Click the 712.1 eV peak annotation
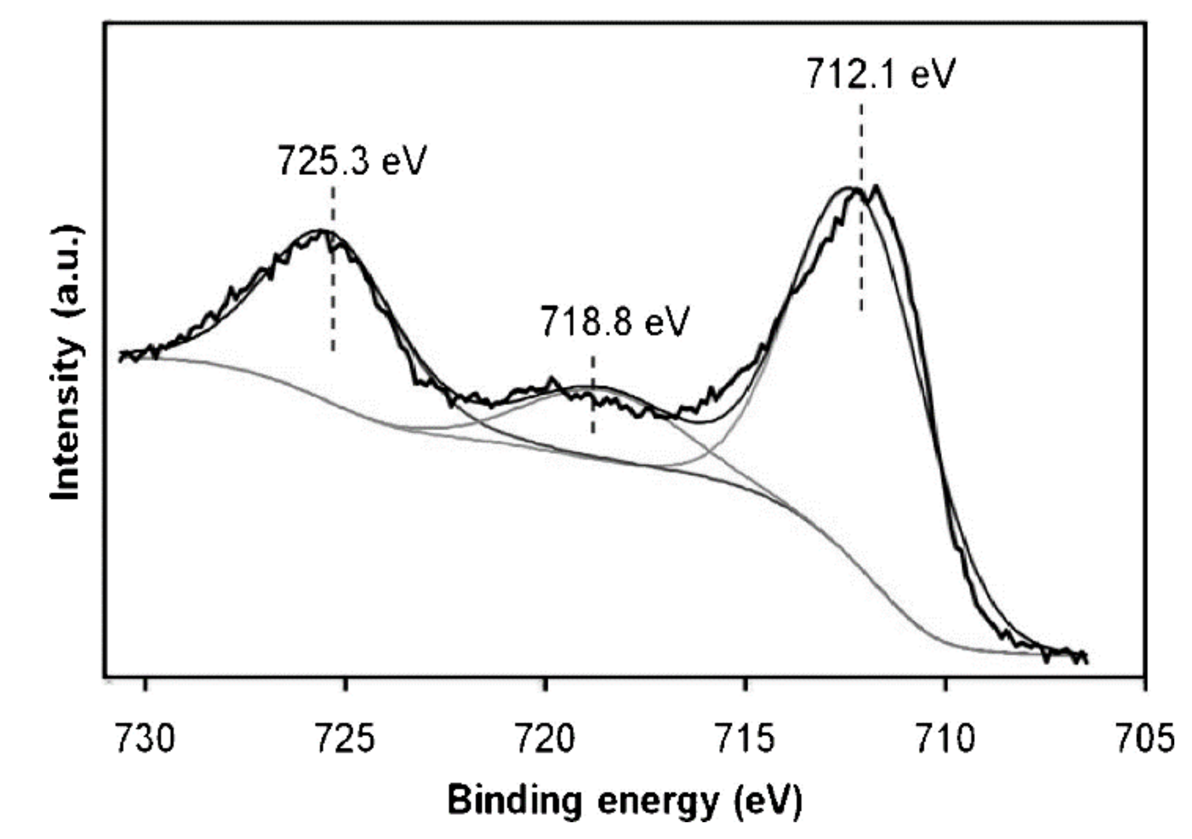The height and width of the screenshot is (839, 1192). coord(880,74)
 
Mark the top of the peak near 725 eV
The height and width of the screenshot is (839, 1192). coord(321,231)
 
